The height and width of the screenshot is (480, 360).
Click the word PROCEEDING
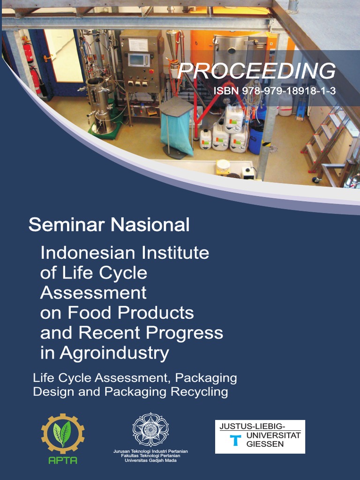pos(256,71)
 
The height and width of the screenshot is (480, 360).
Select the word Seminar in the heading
pos(67,225)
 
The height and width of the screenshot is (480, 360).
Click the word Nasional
pos(150,225)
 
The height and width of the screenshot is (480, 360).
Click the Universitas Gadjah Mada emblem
pos(150,429)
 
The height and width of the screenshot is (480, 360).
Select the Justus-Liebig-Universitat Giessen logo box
pos(260,436)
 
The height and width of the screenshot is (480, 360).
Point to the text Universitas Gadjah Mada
pos(150,460)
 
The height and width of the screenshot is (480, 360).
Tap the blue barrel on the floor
pos(256,137)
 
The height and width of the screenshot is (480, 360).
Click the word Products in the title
pos(156,313)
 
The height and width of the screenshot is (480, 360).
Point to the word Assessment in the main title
pos(93,293)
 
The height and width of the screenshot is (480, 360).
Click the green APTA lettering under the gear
pos(63,460)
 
